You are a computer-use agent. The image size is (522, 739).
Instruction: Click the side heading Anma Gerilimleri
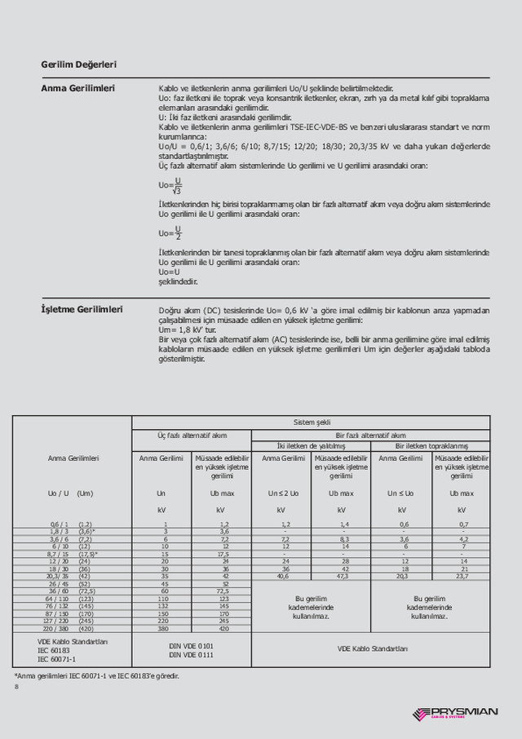pos(77,87)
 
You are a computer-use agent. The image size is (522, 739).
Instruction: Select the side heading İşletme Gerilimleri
pos(82,309)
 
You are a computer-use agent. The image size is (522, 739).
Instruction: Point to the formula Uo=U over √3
pos(170,185)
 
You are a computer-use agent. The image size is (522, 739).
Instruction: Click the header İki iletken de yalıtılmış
pos(311,446)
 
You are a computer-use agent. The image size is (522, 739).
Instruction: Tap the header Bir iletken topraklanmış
pos(431,446)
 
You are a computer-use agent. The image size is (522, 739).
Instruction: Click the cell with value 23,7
pos(462,576)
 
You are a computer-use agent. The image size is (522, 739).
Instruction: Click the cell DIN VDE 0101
pos(192,645)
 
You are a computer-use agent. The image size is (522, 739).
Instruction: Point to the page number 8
pos(16,687)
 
